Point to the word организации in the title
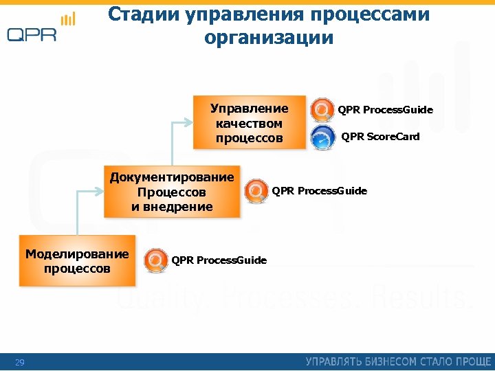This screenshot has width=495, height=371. click(x=268, y=38)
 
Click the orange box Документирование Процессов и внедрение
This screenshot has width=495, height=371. click(x=172, y=192)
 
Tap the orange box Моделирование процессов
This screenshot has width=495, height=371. click(x=77, y=261)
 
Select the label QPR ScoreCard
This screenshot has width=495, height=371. click(x=380, y=137)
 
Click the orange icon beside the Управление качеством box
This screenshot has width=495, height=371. click(x=322, y=110)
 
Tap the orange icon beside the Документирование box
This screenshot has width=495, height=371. click(x=256, y=190)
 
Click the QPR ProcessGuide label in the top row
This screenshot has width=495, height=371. click(x=385, y=110)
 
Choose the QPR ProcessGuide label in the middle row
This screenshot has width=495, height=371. click(x=320, y=190)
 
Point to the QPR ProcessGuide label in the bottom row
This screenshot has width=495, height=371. click(x=219, y=260)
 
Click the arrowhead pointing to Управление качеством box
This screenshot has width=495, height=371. click(x=190, y=123)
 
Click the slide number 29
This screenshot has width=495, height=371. click(x=20, y=362)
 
